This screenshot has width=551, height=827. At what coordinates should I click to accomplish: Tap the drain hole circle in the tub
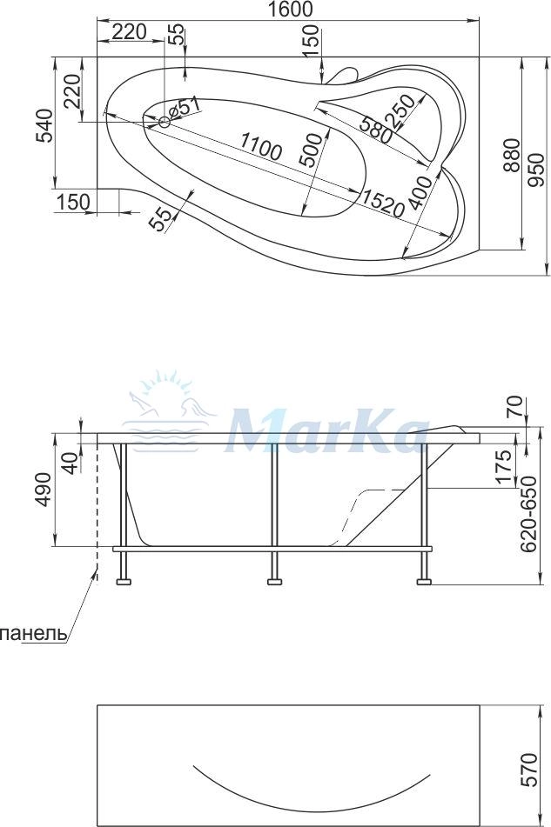coord(165,123)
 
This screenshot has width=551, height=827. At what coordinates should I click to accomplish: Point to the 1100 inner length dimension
coord(259,146)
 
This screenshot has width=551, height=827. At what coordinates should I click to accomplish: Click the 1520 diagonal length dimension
coord(382,203)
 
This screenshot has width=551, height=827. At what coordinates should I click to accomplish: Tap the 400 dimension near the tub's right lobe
coord(420,193)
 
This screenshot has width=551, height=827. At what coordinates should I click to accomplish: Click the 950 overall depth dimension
coord(535,170)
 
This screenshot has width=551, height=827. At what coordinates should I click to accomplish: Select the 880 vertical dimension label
coord(511,156)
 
